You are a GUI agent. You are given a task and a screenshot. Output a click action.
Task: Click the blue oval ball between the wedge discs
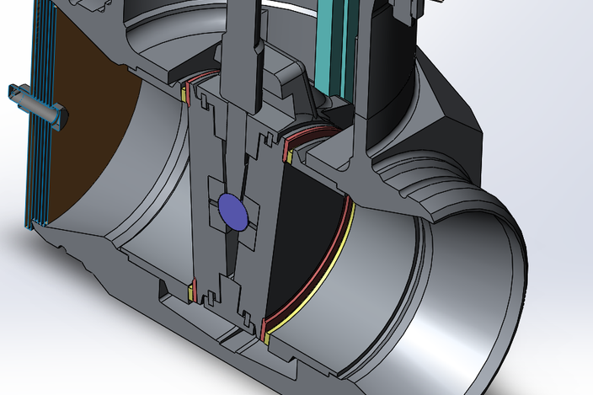tap(233, 211)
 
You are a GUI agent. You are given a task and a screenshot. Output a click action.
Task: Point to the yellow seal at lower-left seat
tap(193, 292)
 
